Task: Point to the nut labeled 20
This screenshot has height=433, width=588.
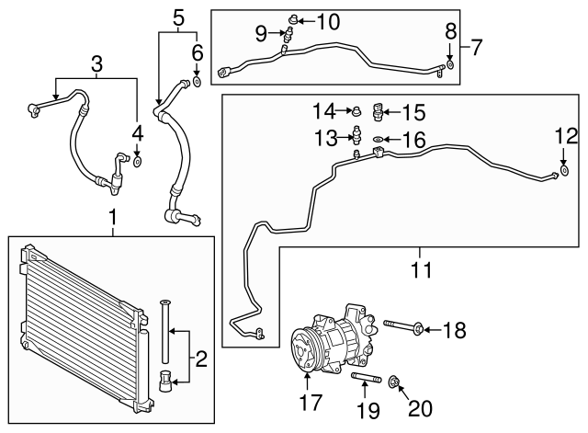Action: click(x=395, y=382)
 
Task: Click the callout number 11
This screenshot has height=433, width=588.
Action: click(x=422, y=269)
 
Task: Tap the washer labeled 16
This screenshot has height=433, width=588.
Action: click(x=378, y=139)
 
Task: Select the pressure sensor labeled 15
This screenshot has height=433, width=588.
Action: click(x=379, y=114)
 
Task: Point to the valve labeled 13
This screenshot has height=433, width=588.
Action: click(x=355, y=137)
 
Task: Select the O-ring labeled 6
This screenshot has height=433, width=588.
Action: click(x=197, y=83)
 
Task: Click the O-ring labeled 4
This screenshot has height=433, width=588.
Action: click(x=137, y=162)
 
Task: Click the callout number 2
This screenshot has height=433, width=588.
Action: click(x=200, y=355)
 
